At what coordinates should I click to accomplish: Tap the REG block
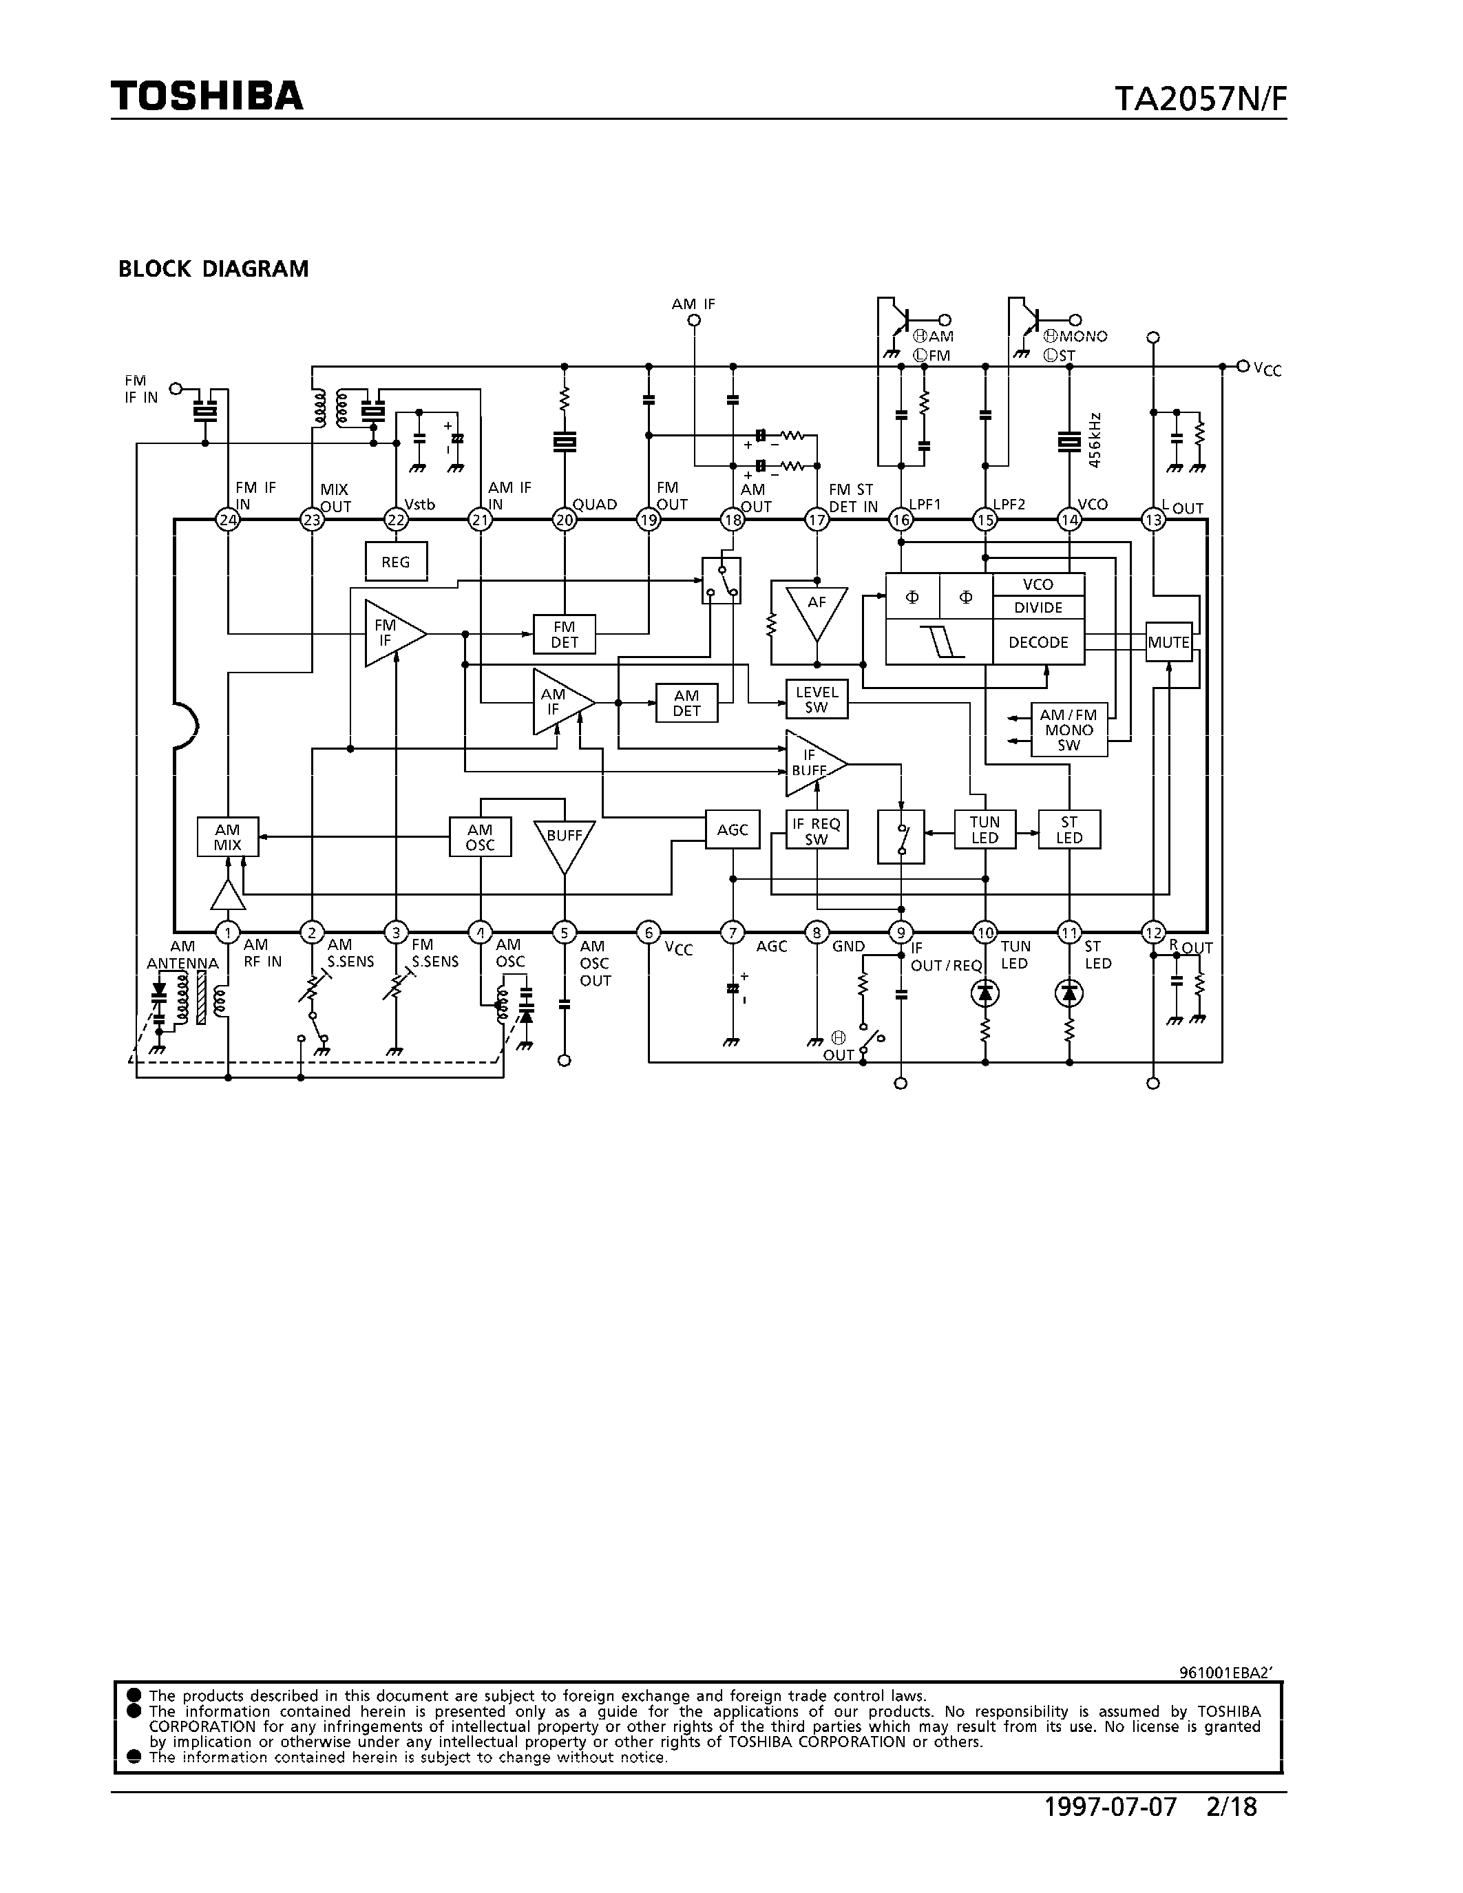click(x=396, y=562)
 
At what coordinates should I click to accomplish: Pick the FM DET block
click(x=565, y=635)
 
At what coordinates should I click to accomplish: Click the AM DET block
click(x=686, y=703)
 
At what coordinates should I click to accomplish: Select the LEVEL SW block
click(x=817, y=699)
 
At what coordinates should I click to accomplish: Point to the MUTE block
click(x=1168, y=642)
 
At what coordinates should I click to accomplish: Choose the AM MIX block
click(x=228, y=837)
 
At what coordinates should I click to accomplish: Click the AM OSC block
click(x=480, y=837)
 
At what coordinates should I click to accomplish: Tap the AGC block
click(x=733, y=830)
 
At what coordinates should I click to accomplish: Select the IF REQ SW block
click(x=817, y=830)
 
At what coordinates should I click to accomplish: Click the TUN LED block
click(x=985, y=830)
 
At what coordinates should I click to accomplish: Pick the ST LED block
click(x=1069, y=830)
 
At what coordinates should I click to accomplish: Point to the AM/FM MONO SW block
click(x=1069, y=730)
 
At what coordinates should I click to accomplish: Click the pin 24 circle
click(x=228, y=520)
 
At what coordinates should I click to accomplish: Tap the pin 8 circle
click(x=817, y=933)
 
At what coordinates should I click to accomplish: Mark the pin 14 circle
click(x=1069, y=520)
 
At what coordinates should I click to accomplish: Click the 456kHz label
click(x=1095, y=441)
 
